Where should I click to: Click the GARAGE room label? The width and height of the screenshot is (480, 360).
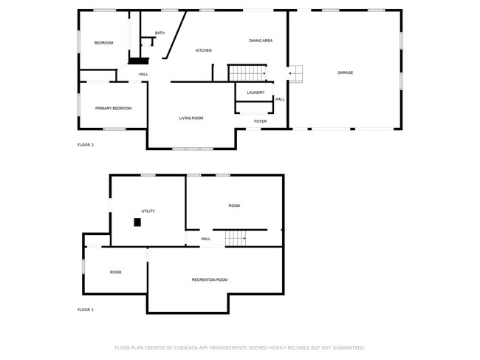pyautogui.click(x=345, y=72)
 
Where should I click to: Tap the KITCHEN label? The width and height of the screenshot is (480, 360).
pyautogui.click(x=204, y=50)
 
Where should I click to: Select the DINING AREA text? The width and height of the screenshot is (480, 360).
pyautogui.click(x=261, y=41)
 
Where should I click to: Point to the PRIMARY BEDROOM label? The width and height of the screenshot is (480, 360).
pyautogui.click(x=113, y=108)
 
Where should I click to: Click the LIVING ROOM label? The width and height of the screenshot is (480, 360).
pyautogui.click(x=191, y=118)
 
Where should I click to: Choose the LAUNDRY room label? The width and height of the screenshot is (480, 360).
pyautogui.click(x=256, y=92)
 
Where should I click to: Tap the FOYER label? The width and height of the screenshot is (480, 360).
pyautogui.click(x=260, y=121)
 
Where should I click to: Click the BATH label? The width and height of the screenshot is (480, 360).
pyautogui.click(x=160, y=33)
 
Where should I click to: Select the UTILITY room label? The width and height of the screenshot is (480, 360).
pyautogui.click(x=148, y=211)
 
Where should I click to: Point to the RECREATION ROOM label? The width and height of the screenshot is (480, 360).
pyautogui.click(x=210, y=279)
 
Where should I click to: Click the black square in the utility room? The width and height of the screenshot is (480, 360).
pyautogui.click(x=137, y=223)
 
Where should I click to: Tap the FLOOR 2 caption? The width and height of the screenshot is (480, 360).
pyautogui.click(x=86, y=145)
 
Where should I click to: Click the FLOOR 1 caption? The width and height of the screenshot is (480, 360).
pyautogui.click(x=86, y=310)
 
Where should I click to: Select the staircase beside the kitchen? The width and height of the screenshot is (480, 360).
pyautogui.click(x=247, y=73)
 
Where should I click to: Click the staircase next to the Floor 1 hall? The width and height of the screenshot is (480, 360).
pyautogui.click(x=236, y=238)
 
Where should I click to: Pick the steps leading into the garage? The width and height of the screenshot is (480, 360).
pyautogui.click(x=295, y=73)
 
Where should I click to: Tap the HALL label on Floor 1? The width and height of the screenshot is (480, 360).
pyautogui.click(x=206, y=239)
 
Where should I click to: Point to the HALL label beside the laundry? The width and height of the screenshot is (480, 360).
pyautogui.click(x=280, y=99)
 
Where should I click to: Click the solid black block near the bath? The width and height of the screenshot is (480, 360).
pyautogui.click(x=138, y=61)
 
